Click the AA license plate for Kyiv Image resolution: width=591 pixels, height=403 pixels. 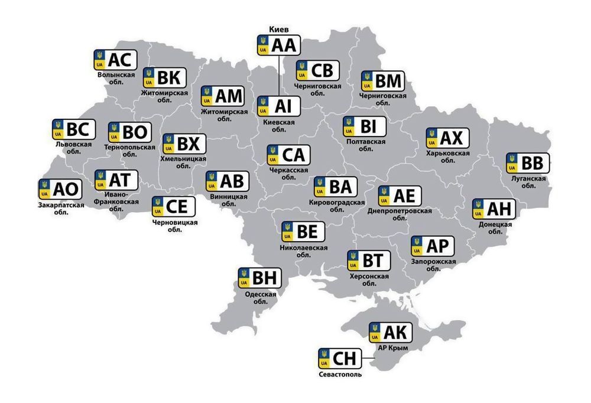pos(279,45)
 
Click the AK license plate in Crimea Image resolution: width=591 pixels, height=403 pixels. pos(391,333)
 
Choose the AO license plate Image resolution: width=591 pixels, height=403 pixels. pos(59,189)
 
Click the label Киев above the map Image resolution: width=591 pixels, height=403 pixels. pos(278,29)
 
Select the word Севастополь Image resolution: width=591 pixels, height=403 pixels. pos(339,374)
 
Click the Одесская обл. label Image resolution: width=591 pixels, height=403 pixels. pos(261,297)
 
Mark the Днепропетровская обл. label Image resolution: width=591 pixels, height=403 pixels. pos(400,214)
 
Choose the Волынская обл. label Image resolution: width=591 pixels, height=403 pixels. pos(116,79)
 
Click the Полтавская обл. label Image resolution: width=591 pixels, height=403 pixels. pos(365,145)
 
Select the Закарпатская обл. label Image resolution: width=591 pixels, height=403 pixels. pos(60,209)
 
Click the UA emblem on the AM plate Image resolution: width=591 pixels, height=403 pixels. pos(207,96)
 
